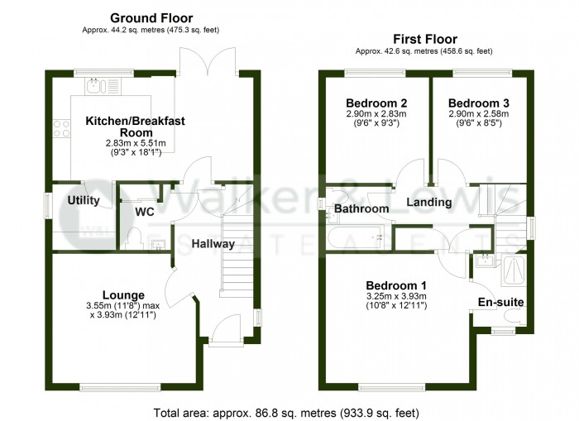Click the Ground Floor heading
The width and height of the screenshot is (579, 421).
(151, 17)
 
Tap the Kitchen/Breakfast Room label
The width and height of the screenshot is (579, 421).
(135, 126)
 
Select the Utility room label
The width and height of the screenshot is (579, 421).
(84, 200)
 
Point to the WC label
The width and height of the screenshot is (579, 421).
(145, 211)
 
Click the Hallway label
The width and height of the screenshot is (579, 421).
(213, 244)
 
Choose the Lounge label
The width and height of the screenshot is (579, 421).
(123, 294)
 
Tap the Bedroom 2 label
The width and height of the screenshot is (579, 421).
(373, 103)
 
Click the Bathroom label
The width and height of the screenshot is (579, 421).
(361, 209)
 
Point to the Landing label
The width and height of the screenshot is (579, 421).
(428, 202)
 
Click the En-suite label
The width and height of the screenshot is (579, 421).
(501, 303)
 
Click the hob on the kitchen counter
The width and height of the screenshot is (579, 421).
(61, 128)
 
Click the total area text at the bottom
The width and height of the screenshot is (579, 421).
(286, 411)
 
